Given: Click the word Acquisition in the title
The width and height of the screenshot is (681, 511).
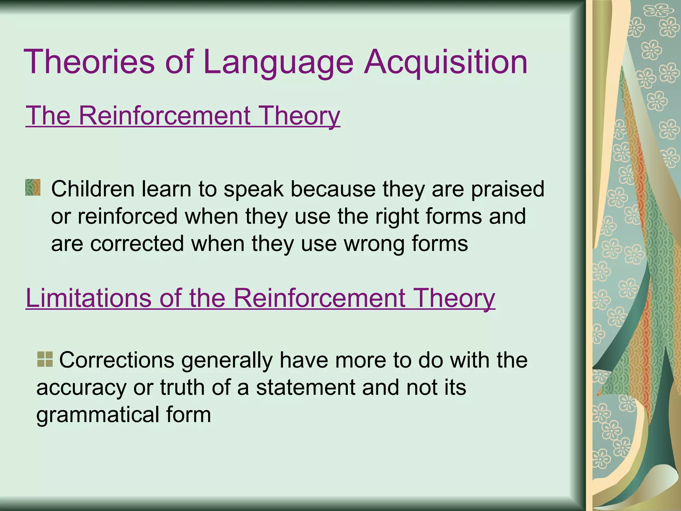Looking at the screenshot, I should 446,62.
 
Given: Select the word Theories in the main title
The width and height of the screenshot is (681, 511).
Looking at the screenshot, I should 89,62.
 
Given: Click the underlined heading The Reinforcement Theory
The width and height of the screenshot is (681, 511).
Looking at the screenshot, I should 183,116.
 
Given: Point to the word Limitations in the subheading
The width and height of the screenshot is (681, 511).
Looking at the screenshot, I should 88,298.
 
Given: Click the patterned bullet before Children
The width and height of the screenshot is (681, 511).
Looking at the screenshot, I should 33,187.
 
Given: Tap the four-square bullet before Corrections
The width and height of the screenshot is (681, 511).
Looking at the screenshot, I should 45,359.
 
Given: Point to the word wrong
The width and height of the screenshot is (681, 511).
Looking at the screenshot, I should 374,244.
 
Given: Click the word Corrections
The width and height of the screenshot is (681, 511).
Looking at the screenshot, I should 117,360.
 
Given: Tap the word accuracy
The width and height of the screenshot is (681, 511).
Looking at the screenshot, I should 81,388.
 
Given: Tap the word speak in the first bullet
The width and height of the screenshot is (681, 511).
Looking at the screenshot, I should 254,189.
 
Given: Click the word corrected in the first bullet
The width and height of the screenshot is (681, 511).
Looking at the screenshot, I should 137,244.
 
